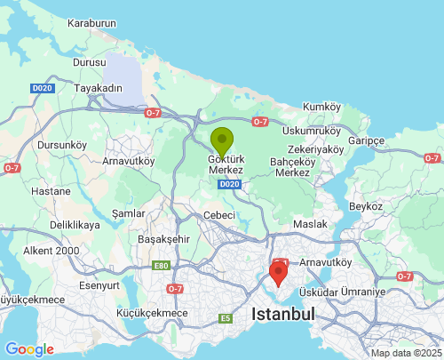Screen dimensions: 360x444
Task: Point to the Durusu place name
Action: (x=89, y=64)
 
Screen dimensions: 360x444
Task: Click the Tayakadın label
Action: (x=97, y=89)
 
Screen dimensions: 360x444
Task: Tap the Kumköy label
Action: (x=321, y=107)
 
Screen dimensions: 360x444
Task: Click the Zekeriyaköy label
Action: (x=314, y=149)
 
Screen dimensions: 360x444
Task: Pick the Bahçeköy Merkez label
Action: (x=292, y=167)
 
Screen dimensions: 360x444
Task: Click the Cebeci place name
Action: (x=218, y=215)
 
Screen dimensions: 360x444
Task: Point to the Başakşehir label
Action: (x=164, y=239)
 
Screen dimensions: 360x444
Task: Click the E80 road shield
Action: (x=160, y=265)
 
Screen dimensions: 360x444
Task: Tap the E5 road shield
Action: (x=226, y=318)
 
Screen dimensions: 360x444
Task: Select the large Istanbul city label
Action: (x=283, y=315)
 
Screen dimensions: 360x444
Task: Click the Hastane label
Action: (x=51, y=191)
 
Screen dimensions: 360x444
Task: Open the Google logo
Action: (x=29, y=349)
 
